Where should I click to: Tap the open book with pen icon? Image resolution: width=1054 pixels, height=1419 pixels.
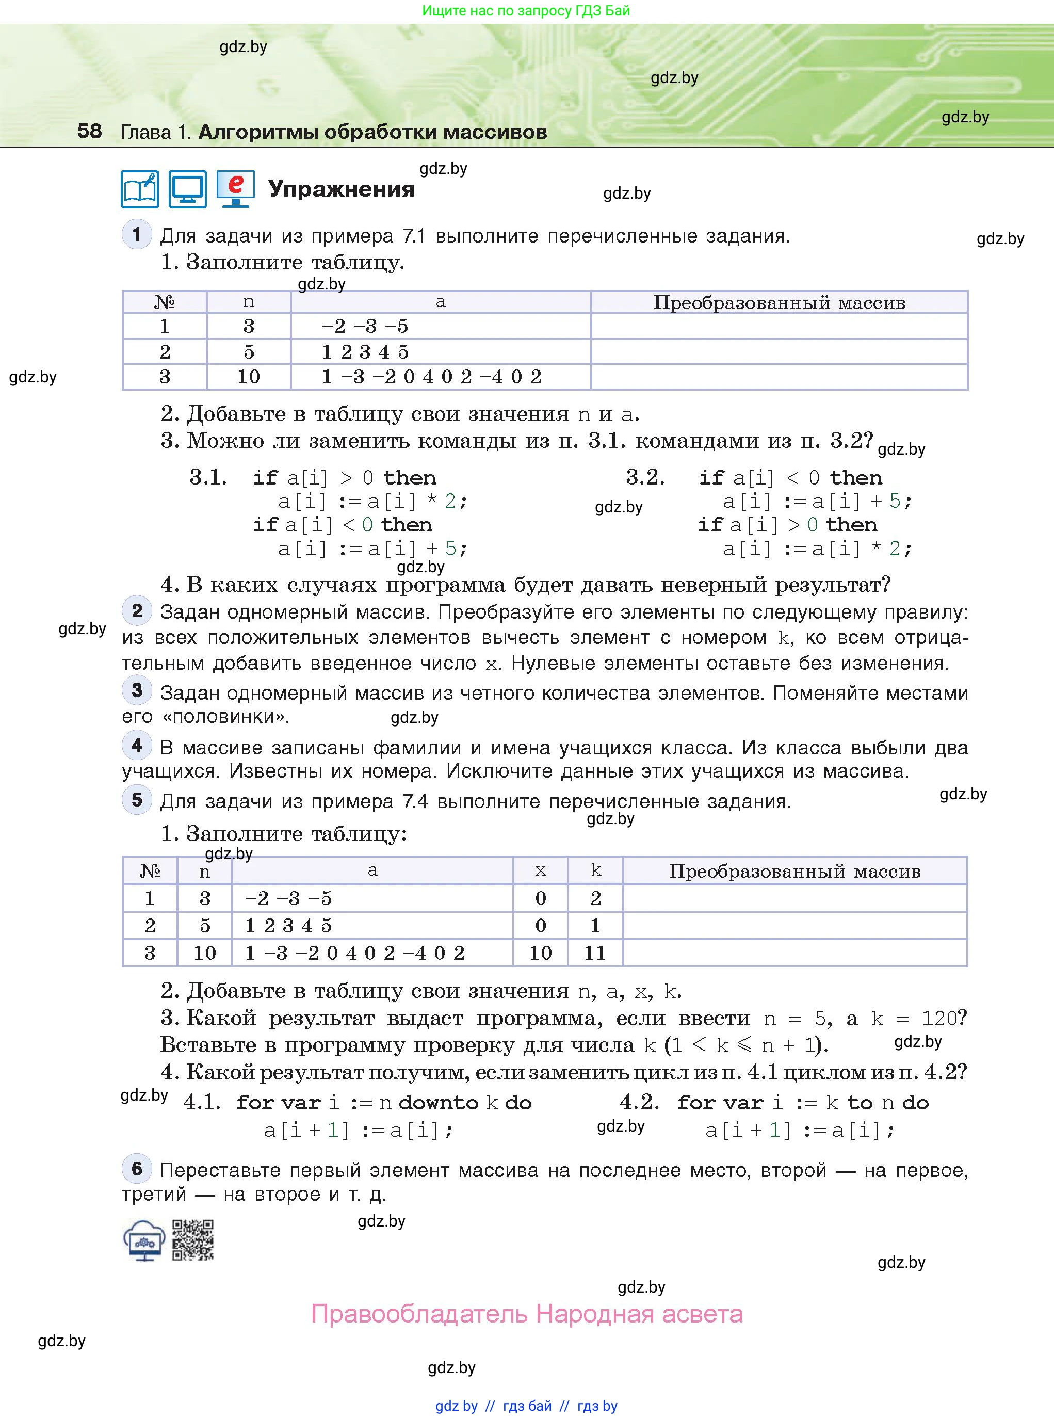[140, 189]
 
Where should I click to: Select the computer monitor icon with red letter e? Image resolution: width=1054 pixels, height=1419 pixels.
[235, 189]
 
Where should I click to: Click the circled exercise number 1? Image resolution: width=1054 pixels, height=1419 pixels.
[137, 235]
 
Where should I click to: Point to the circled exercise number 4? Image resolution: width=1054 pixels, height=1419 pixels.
[137, 745]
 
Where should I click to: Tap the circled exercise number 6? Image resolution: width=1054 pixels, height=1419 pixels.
[137, 1168]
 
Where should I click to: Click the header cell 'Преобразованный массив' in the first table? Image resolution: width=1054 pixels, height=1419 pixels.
[779, 302]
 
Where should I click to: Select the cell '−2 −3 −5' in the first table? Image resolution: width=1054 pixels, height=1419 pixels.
[364, 326]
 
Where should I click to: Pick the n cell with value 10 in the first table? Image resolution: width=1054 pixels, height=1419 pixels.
[248, 377]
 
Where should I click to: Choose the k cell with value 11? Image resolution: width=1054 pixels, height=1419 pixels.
[595, 953]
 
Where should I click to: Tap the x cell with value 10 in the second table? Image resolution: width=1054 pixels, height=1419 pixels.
[540, 953]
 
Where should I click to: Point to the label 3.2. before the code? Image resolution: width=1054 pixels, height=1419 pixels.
[645, 477]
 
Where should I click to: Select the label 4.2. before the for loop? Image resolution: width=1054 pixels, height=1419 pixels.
[639, 1102]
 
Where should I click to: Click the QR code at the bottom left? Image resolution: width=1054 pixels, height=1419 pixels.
[192, 1240]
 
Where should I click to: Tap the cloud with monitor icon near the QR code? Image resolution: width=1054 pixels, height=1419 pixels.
[144, 1240]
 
